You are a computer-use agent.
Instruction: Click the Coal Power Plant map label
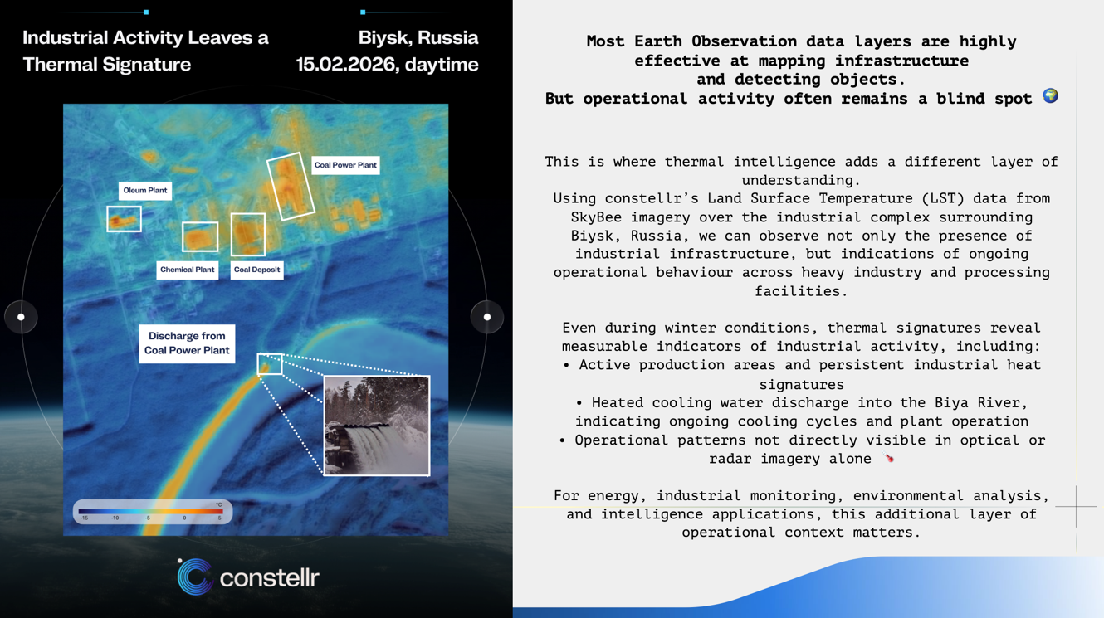(345, 165)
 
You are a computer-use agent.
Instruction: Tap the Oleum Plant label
(145, 191)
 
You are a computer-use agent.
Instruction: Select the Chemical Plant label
(188, 270)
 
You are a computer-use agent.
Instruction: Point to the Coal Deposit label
(256, 270)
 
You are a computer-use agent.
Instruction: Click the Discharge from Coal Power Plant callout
(187, 343)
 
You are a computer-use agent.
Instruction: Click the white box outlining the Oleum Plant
(125, 207)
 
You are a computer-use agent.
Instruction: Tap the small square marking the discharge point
(270, 354)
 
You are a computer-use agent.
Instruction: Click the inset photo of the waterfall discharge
(377, 426)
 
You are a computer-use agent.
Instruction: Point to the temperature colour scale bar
(151, 512)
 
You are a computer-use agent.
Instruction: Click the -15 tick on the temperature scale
(85, 518)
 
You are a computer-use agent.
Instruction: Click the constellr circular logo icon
(195, 577)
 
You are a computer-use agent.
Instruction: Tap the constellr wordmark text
(270, 577)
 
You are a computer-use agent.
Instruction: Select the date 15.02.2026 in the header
(347, 65)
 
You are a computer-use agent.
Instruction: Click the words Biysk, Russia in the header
(418, 38)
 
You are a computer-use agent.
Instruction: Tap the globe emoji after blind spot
(1050, 95)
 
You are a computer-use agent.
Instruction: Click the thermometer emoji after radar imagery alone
(888, 458)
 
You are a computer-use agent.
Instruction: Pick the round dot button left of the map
(21, 317)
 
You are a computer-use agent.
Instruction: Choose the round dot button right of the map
(487, 317)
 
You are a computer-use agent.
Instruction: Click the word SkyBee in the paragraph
(596, 217)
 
